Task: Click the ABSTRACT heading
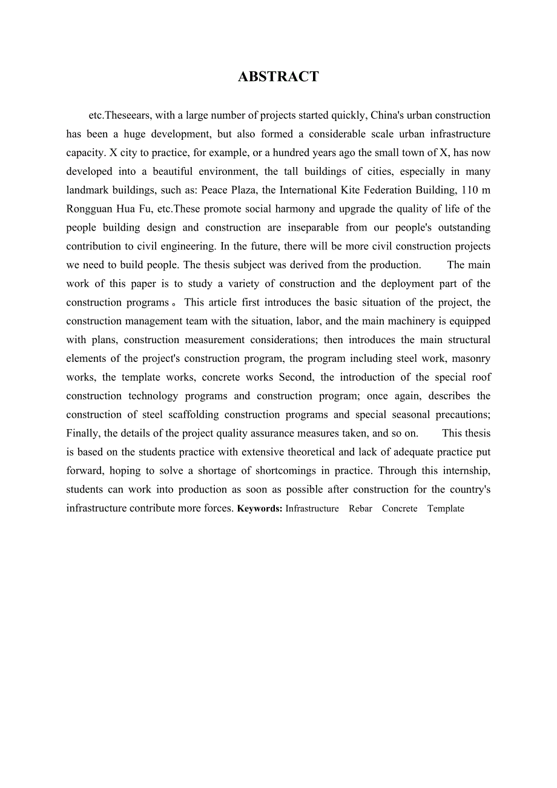coord(278,77)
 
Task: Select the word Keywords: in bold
coord(260,509)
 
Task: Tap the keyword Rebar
coord(360,509)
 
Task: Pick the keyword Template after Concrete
coord(446,509)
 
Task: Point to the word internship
coord(466,471)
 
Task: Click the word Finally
coord(84,433)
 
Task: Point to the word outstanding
coord(462,228)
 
